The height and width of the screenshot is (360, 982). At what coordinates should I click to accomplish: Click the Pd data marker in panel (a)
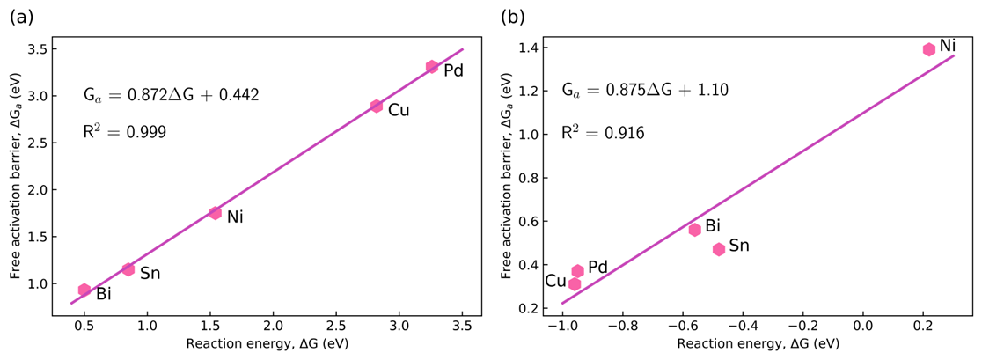pos(432,67)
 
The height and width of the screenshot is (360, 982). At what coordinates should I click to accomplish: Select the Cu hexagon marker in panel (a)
pos(377,106)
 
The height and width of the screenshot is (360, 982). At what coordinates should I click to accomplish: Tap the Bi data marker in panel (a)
pos(84,290)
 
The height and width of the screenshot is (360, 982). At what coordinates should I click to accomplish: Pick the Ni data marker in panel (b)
pos(928,49)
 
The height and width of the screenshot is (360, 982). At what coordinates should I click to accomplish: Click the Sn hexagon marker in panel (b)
pos(719,249)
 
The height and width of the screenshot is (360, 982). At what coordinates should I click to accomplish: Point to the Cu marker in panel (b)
pos(575,283)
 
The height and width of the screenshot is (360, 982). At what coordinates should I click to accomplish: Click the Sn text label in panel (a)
pos(150,273)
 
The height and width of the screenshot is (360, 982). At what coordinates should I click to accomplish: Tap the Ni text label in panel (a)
pos(235,217)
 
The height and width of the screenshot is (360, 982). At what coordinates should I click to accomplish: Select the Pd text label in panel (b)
pos(598,267)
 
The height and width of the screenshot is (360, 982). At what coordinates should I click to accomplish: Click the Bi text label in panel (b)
pos(714,226)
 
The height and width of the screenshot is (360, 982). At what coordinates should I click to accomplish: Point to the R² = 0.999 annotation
pos(125,133)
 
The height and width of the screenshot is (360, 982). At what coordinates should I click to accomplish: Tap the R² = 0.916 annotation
pos(604,134)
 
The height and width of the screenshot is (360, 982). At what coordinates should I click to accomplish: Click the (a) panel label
pos(21,16)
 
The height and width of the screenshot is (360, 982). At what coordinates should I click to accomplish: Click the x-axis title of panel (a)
pos(267,344)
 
